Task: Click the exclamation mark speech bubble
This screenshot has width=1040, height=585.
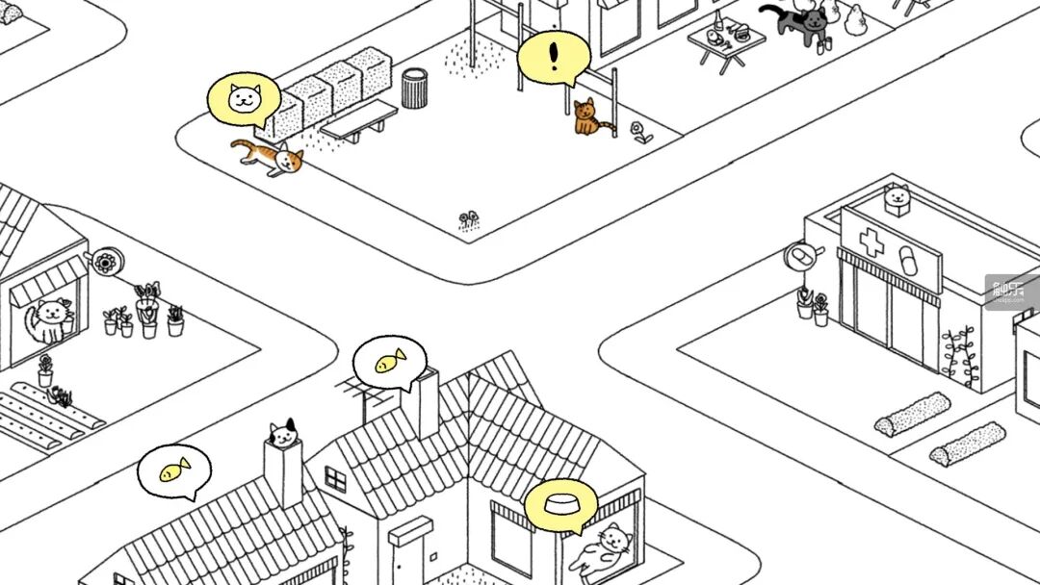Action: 553,57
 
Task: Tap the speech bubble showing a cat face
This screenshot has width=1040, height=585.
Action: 244,98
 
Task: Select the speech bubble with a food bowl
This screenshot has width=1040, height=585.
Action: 560,503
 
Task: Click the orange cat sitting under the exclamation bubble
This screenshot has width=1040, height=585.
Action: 587,117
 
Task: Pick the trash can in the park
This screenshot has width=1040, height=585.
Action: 414,88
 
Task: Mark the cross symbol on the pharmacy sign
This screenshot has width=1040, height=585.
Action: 871,242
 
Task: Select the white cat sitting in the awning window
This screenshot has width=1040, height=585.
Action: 48,320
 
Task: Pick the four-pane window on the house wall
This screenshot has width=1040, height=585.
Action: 335,478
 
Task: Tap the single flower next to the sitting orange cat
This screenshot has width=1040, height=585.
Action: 639,132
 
